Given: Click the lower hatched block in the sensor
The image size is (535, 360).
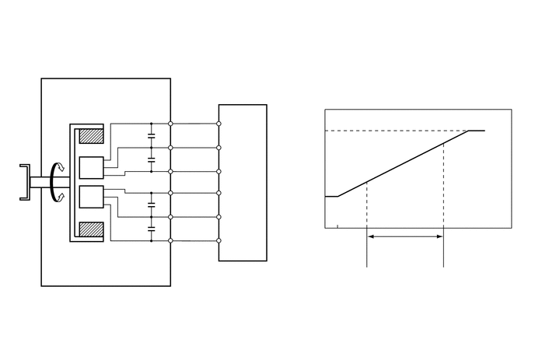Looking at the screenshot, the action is [92, 231].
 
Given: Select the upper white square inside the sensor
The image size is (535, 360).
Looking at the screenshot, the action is [92, 168].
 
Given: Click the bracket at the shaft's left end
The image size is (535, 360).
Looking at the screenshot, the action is [25, 182].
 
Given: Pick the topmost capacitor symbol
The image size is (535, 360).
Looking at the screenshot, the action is [151, 135].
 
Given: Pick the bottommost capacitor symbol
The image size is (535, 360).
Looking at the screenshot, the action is [151, 229].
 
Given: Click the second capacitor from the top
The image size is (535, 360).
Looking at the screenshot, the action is [151, 159].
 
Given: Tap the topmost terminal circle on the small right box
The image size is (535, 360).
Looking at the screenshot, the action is [219, 124].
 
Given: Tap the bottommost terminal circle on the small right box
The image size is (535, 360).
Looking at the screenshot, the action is [219, 240].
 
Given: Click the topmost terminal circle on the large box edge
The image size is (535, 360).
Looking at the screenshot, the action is [170, 124].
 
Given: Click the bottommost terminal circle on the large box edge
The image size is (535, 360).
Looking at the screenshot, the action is [170, 240].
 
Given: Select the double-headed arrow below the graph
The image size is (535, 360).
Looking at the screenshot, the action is [404, 237].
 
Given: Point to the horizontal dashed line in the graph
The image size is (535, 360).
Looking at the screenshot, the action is [389, 131].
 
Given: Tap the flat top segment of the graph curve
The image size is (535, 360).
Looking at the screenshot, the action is [476, 131].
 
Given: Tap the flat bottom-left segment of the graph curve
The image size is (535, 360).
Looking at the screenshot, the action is [330, 197].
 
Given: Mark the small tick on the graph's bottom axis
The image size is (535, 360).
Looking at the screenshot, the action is [337, 226].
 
